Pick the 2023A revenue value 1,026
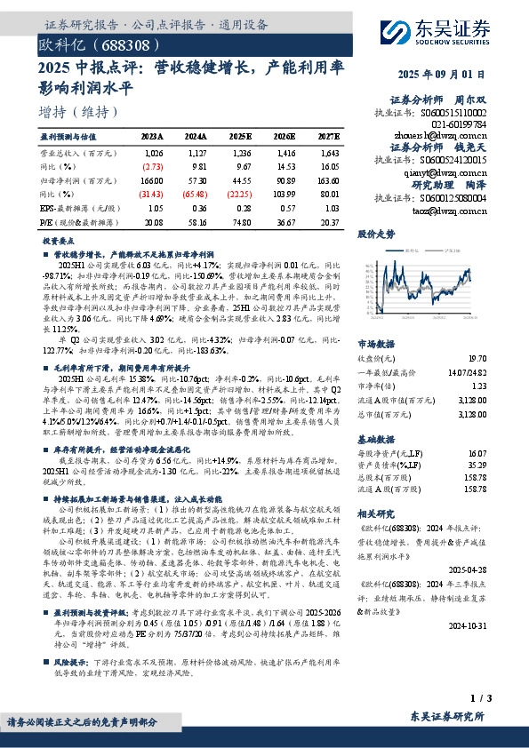click(x=153, y=152)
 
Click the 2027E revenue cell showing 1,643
click(x=329, y=152)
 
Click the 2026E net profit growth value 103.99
click(x=286, y=195)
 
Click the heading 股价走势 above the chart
click(x=375, y=235)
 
